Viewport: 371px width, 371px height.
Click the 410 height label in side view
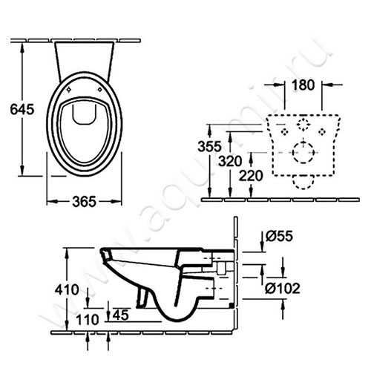(x=68, y=289)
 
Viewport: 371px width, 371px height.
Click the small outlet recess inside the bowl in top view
(x=85, y=113)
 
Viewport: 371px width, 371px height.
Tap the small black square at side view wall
(x=234, y=305)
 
